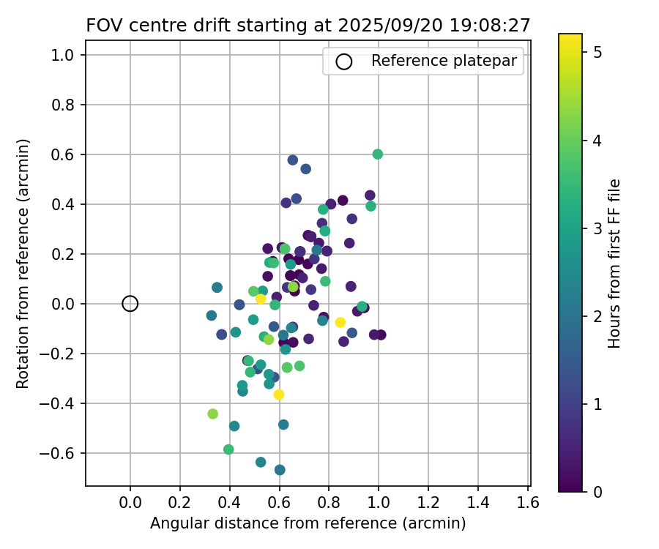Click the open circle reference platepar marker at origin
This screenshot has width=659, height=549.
pos(130,304)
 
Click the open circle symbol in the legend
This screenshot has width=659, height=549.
pos(343,61)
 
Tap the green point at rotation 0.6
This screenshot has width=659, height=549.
pos(378,154)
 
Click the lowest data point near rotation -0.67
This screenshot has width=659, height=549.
pos(280,470)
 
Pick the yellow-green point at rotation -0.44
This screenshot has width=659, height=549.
pos(213,414)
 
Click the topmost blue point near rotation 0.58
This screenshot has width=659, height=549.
pos(293,160)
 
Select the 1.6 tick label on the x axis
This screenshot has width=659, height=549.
pos(528,503)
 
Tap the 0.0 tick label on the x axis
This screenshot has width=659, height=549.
pos(130,503)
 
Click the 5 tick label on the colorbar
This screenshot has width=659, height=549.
pos(597,53)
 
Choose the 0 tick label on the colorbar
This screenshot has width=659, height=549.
pos(597,491)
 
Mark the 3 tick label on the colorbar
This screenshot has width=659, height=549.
pos(597,228)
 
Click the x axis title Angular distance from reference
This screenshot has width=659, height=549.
pos(308,523)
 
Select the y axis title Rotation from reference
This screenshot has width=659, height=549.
pos(23,264)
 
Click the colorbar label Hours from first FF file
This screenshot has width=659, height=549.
pos(614,264)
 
